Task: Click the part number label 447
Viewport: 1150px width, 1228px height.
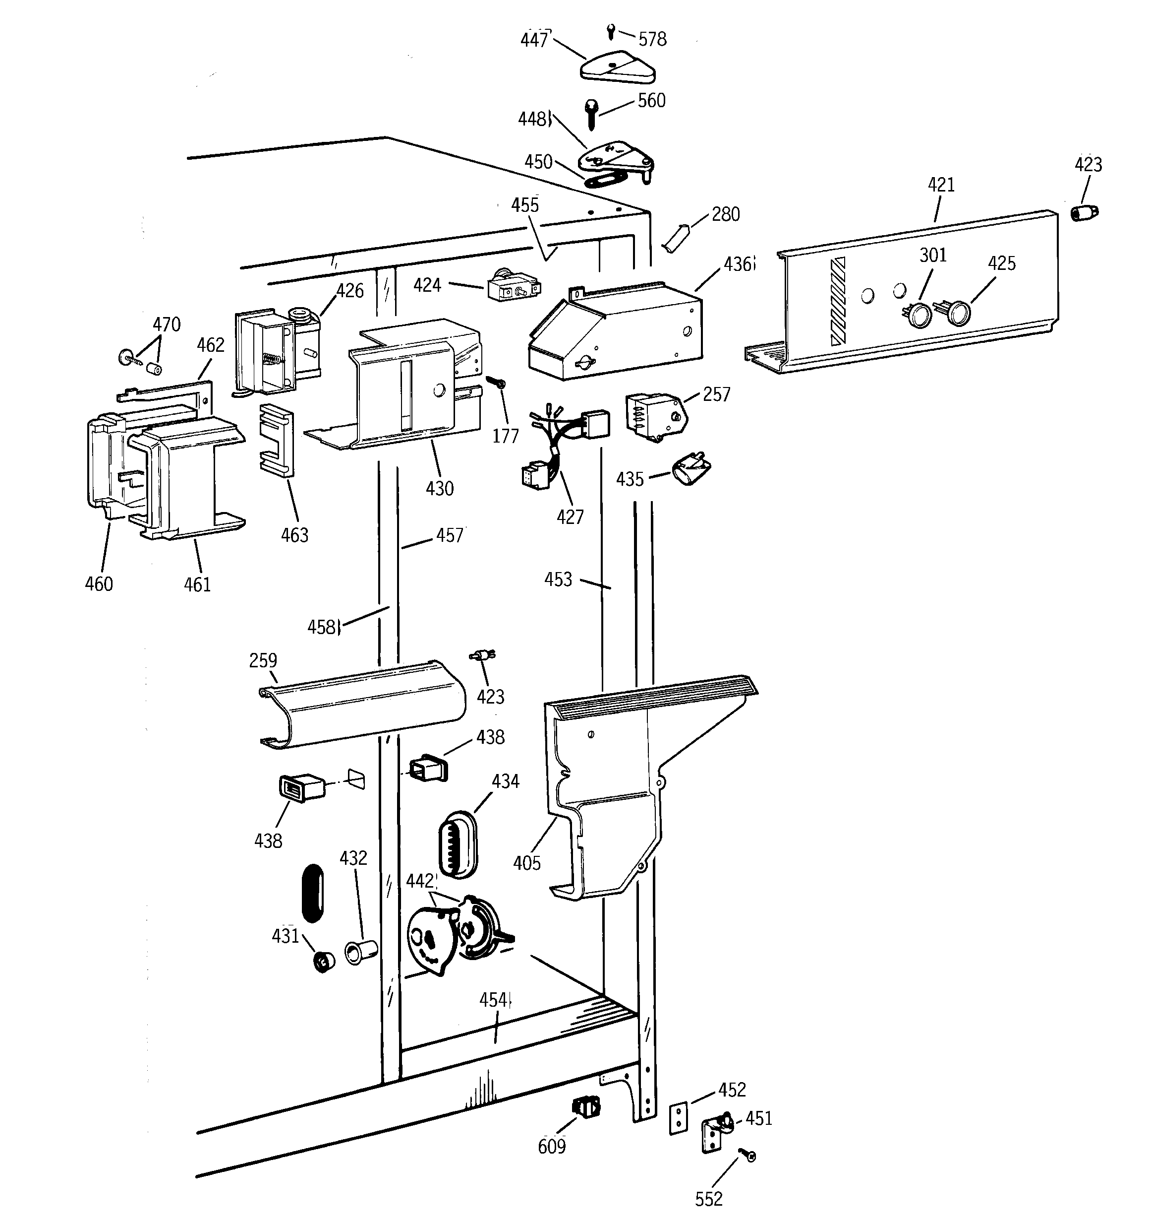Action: [534, 40]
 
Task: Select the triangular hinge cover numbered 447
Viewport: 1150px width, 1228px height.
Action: [617, 68]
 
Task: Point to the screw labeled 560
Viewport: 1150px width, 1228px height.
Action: [591, 114]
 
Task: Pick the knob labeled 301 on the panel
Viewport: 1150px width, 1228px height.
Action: [919, 315]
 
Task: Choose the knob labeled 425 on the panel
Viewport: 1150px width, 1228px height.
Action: [956, 313]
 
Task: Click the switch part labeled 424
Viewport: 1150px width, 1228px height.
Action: [513, 287]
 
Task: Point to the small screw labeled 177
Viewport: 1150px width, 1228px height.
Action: [496, 383]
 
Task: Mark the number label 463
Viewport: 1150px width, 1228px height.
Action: [294, 535]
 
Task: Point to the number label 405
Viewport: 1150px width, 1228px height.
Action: [526, 863]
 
